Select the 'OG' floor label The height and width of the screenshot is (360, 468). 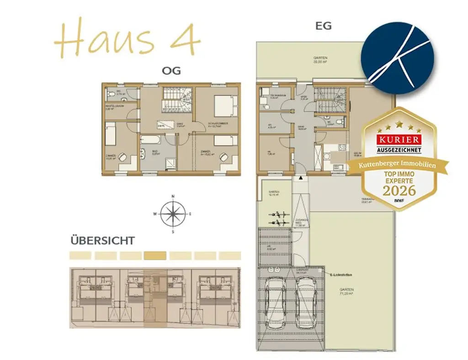[171, 71]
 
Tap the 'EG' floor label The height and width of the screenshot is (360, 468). [324, 26]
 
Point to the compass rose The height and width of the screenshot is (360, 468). [173, 213]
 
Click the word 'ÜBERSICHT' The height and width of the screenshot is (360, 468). [102, 240]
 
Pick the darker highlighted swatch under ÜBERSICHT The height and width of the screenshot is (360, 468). [155, 256]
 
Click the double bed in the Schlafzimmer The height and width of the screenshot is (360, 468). [224, 106]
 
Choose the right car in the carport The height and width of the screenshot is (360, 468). [306, 302]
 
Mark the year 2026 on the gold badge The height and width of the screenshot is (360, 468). [399, 190]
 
